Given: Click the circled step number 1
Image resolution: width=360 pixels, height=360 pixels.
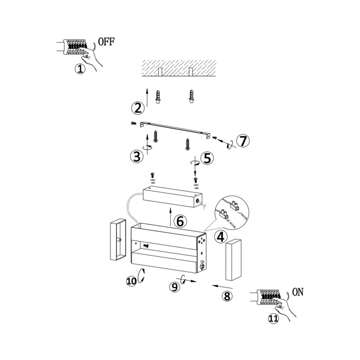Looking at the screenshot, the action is [80, 69].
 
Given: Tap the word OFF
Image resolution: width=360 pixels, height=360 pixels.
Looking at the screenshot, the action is [106, 42].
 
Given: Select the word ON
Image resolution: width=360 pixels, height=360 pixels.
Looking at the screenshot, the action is [298, 292].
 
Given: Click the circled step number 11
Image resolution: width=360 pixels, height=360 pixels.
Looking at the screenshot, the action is [273, 319].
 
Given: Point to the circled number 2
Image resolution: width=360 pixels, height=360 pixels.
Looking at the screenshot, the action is [138, 108].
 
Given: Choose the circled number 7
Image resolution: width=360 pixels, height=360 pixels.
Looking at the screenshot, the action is [243, 141].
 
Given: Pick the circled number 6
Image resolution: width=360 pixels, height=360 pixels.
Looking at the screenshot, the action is [180, 221].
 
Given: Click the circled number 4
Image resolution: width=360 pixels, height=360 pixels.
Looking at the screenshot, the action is [221, 237].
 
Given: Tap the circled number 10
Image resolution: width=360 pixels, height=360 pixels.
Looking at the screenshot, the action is [132, 281].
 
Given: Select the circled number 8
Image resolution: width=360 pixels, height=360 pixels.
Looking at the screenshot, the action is [227, 296].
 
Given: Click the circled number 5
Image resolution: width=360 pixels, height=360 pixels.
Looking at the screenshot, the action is [207, 158].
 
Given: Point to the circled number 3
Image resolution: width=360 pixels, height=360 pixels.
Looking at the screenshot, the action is [137, 157].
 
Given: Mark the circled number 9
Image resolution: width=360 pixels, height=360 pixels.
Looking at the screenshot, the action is [175, 287].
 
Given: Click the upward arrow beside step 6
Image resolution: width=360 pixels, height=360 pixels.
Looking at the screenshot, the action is [170, 217].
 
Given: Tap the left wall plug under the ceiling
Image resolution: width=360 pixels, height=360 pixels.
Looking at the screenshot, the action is [158, 96].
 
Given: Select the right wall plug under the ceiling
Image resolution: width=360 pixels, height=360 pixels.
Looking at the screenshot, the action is [192, 96].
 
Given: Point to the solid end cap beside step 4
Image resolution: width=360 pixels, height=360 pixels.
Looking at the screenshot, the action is [233, 260].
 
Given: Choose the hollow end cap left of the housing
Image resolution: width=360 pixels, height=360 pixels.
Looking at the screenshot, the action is [118, 239].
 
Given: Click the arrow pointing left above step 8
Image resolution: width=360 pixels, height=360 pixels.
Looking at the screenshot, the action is [222, 286].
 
